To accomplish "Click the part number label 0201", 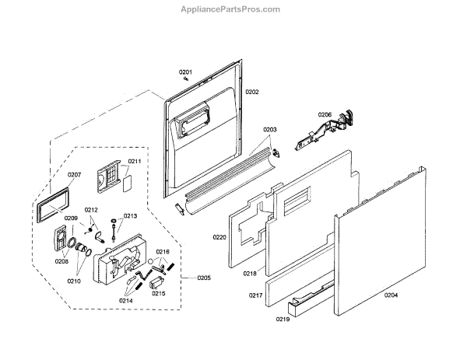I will click(x=186, y=72).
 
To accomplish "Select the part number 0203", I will click(x=270, y=129).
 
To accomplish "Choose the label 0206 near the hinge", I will click(x=325, y=115).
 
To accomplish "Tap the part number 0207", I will click(x=74, y=175).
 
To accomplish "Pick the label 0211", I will click(x=134, y=162).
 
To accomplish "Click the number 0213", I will click(x=130, y=215).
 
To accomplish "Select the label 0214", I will click(x=127, y=300).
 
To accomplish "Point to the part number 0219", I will click(x=283, y=320).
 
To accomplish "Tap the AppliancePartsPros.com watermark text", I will click(x=234, y=9).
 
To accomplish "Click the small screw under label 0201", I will click(x=185, y=78).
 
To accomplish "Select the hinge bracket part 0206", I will click(x=323, y=131).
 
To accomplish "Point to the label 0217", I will click(x=255, y=295).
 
